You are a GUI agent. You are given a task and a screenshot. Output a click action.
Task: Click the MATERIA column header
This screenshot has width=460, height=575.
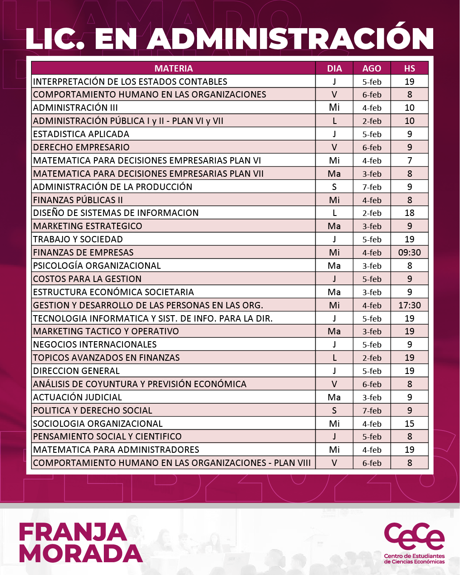point(174,69)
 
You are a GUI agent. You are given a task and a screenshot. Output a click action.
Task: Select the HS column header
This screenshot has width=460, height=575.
point(409,69)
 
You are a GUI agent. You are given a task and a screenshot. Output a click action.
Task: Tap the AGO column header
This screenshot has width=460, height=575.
point(371,69)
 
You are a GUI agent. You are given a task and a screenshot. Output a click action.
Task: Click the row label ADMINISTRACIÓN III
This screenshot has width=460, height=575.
point(75,108)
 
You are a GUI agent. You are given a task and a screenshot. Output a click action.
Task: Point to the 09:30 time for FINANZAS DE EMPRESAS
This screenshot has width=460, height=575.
point(409,253)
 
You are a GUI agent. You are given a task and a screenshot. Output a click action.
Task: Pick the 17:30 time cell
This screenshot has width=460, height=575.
point(409,305)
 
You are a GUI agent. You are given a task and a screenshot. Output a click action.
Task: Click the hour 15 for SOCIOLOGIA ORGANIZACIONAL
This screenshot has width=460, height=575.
point(409,424)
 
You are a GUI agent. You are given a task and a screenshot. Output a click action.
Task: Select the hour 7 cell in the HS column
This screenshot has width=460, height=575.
point(409,161)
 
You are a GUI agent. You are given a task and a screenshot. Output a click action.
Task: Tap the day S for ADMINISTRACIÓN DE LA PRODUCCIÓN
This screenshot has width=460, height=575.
point(334,187)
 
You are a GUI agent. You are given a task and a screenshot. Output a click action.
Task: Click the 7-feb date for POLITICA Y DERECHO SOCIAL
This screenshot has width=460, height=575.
point(371,411)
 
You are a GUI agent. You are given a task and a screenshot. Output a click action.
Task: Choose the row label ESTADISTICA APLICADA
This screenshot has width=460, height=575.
point(81,134)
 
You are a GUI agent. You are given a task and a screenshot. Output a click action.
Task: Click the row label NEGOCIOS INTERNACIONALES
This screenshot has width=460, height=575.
point(95,345)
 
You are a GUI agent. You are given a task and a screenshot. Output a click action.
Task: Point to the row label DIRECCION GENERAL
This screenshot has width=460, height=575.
point(77,371)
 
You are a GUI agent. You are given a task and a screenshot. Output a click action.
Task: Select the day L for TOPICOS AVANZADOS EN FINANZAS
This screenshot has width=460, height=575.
point(334,358)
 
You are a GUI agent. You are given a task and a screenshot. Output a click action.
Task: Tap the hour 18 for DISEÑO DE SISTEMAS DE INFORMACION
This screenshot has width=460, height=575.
point(409,213)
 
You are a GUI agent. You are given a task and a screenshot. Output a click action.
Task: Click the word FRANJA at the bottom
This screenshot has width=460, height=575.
point(73,532)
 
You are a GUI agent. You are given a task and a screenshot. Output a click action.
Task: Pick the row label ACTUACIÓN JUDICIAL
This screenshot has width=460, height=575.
point(77,397)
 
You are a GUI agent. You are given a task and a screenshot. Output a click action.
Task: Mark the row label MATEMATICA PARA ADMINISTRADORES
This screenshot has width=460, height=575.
point(116,450)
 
